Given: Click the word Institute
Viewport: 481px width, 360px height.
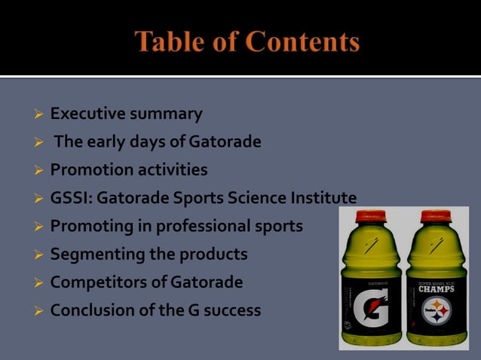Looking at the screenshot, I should pos(323,198).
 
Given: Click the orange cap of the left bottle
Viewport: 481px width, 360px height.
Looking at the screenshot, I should pos(370,217).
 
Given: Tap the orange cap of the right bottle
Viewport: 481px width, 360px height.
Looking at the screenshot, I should pos(436,217).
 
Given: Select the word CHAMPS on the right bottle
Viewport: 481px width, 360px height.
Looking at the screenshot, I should pos(437,288).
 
